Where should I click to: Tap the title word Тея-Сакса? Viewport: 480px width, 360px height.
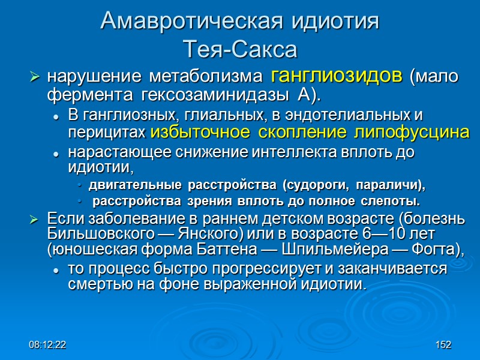(240, 49)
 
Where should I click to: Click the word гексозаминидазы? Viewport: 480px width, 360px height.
(194, 95)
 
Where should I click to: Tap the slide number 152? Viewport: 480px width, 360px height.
(443, 346)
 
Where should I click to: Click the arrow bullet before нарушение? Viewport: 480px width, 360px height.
(35, 78)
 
